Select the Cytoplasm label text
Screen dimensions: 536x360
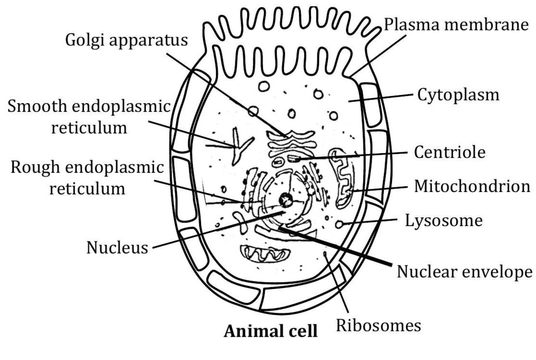[458, 95]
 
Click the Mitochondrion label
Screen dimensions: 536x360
[472, 186]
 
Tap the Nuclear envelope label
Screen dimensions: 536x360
[465, 271]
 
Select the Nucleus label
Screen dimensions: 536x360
[117, 247]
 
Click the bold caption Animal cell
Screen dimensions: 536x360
[271, 331]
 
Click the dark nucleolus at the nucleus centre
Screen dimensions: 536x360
[284, 200]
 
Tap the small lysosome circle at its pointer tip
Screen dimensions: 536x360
[339, 224]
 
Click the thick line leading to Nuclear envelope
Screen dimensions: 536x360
[339, 248]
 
